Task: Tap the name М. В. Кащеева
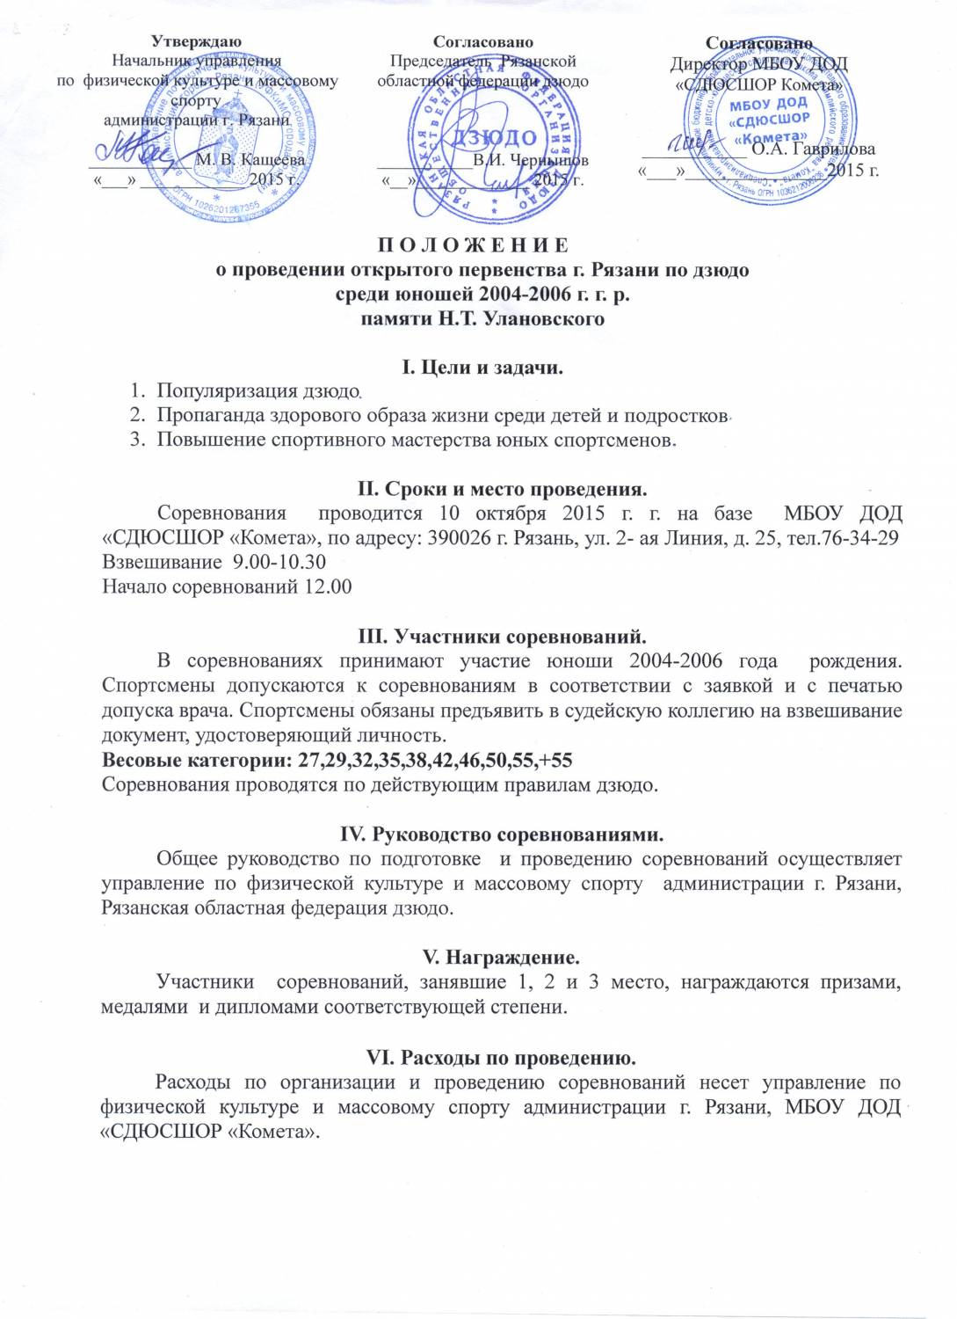click(250, 160)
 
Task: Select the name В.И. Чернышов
click(530, 161)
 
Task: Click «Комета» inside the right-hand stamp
click(771, 136)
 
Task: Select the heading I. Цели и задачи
click(482, 368)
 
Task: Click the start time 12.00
click(328, 587)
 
